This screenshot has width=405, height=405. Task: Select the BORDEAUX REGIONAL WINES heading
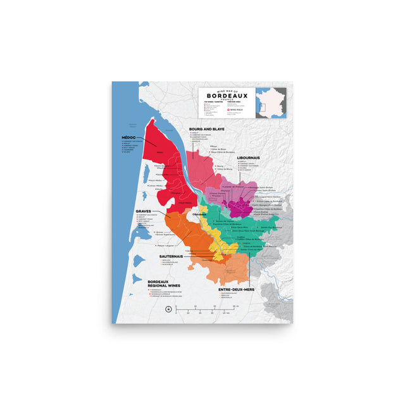(x=165, y=284)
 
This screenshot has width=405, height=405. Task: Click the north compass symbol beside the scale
(x=168, y=309)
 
